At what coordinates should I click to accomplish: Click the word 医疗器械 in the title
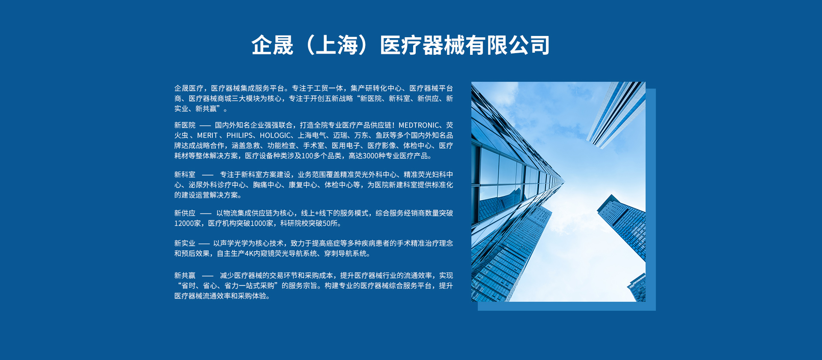(422, 45)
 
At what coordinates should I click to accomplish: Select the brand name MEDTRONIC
(419, 125)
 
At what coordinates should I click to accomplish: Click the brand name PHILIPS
(239, 135)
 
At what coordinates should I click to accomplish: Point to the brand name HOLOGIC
(275, 135)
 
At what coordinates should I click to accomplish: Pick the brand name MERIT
(207, 135)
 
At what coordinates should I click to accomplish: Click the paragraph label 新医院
(185, 125)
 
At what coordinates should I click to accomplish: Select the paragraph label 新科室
(185, 175)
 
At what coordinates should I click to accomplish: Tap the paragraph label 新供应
(185, 213)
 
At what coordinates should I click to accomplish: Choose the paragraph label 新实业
(185, 243)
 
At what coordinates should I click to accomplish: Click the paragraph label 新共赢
(185, 276)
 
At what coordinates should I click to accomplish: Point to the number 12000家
(188, 223)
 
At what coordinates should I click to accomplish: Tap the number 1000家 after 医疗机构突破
(262, 223)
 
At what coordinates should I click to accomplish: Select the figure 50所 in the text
(330, 223)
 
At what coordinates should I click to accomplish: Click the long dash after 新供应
(205, 213)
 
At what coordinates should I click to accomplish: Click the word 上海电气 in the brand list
(312, 135)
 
